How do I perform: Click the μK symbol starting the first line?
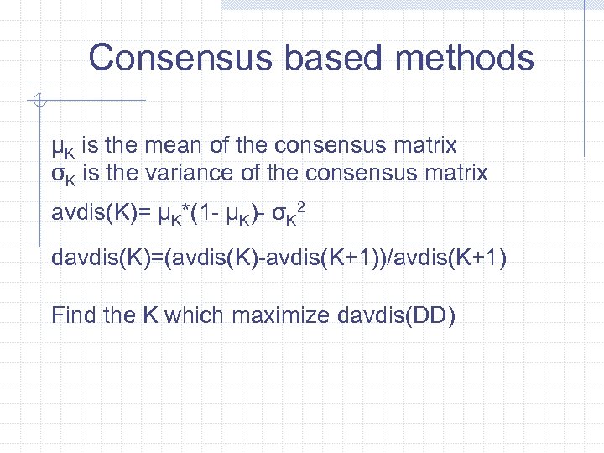pyautogui.click(x=63, y=147)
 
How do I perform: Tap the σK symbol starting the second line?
pyautogui.click(x=63, y=175)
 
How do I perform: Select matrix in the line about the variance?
pyautogui.click(x=456, y=174)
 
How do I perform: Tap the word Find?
pyautogui.click(x=72, y=315)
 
